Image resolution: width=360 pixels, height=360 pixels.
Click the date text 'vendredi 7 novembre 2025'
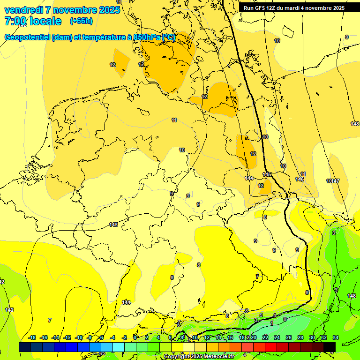pyautogui.click(x=62, y=10)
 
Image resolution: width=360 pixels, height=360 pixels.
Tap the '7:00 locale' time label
pyautogui.click(x=32, y=21)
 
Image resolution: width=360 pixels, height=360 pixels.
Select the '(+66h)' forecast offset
pyautogui.click(x=81, y=21)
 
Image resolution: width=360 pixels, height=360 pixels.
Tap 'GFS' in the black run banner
pyautogui.click(x=261, y=8)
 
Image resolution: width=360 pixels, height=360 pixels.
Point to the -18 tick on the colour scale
pyautogui.click(x=32, y=338)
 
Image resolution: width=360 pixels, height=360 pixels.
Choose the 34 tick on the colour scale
pyautogui.click(x=336, y=338)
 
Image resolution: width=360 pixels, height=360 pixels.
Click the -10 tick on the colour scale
pyautogui.click(x=79, y=338)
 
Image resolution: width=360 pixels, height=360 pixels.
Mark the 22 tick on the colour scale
pyautogui.click(x=265, y=338)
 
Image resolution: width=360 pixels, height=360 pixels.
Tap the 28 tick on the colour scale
pyautogui.click(x=300, y=338)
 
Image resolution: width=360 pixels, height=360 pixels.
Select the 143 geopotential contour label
pyautogui.click(x=113, y=225)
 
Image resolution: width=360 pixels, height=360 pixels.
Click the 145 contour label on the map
pyautogui.click(x=267, y=174)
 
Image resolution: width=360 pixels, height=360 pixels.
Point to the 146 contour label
pyautogui.click(x=300, y=180)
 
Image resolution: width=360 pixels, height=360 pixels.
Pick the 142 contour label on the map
pyautogui.click(x=9, y=310)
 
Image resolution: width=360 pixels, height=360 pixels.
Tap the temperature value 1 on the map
pyautogui.click(x=272, y=323)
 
